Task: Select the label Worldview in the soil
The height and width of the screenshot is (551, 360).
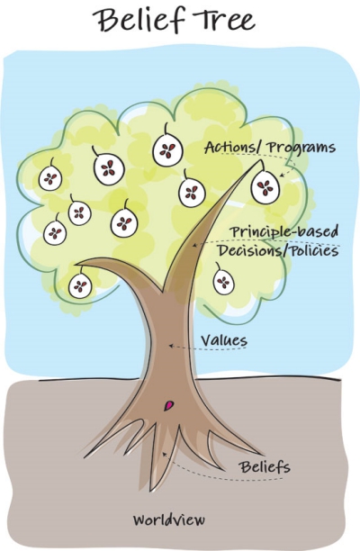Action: point(168,519)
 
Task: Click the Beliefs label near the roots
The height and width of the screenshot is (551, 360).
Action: point(265,467)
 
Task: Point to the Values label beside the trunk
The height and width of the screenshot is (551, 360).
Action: point(224,340)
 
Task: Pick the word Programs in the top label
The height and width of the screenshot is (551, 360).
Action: point(301,148)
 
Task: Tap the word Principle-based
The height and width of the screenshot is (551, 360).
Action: point(284,232)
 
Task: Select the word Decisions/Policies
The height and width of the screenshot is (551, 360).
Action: point(277,251)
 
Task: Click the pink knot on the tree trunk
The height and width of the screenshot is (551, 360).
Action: point(169,405)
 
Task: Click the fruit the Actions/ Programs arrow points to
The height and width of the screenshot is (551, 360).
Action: point(265,187)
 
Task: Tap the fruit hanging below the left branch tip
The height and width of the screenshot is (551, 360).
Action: point(80,285)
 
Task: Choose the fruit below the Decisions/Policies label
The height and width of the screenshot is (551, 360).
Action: point(223,282)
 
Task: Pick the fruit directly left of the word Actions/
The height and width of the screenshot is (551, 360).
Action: point(167,150)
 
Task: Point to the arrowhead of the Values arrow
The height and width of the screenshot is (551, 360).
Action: point(171,346)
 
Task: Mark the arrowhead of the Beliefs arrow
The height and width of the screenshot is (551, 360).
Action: point(163,454)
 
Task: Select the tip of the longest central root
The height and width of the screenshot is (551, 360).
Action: point(151,490)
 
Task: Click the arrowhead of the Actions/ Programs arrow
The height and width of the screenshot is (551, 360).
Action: point(281,176)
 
